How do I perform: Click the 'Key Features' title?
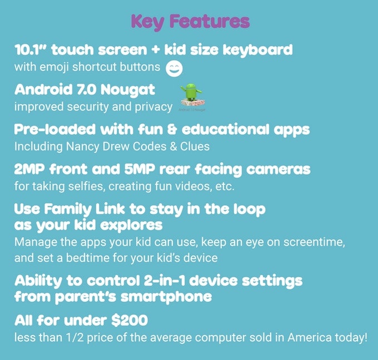(190, 22)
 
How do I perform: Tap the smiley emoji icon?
(175, 68)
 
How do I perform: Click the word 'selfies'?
(79, 186)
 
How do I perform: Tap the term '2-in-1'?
(171, 280)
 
